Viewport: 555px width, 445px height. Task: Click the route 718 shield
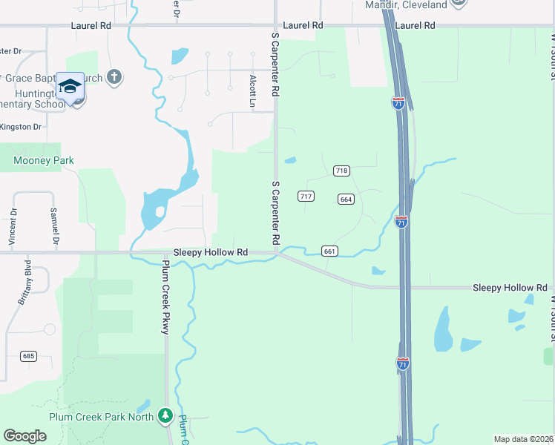coord(341,171)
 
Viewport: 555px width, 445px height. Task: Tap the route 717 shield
coord(306,196)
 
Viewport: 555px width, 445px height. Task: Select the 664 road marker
coord(346,199)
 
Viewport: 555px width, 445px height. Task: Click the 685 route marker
coord(29,357)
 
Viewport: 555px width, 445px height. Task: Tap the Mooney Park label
coord(44,160)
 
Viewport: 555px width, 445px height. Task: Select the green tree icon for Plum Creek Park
coord(166,415)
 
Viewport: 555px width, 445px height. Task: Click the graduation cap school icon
coord(70,88)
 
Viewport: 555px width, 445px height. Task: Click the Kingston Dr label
coord(21,127)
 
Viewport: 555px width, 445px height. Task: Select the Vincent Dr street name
coord(13,227)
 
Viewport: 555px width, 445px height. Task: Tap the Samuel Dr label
coord(54,225)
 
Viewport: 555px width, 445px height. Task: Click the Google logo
coord(25,436)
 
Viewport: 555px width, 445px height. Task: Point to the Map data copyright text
coord(523,439)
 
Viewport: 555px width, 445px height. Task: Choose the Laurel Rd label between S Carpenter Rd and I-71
coord(308,25)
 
